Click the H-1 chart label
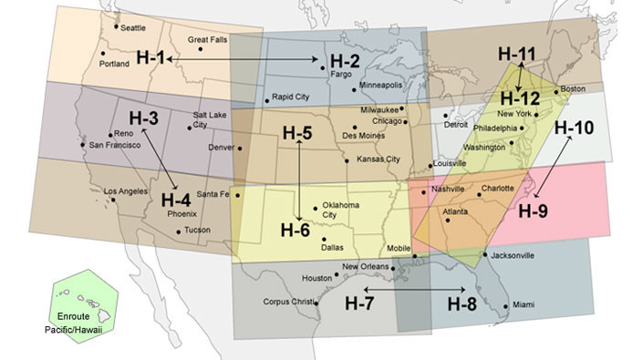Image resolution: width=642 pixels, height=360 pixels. coord(150,57)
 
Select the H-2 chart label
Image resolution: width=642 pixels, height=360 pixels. coord(343,61)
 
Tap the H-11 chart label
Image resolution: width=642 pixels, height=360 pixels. coord(517,53)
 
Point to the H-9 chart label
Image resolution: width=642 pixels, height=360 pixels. coord(533,211)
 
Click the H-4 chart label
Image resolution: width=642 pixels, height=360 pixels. coord(175,200)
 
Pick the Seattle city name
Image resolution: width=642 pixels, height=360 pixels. coord(132,26)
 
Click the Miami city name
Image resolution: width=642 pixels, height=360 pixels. coord(523,304)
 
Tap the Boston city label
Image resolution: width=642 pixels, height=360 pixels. coord(573,88)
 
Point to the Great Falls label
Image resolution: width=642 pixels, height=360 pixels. coord(207,39)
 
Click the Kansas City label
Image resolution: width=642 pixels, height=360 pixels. coord(378,159)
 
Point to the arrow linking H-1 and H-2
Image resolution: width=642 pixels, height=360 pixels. coord(243,58)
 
